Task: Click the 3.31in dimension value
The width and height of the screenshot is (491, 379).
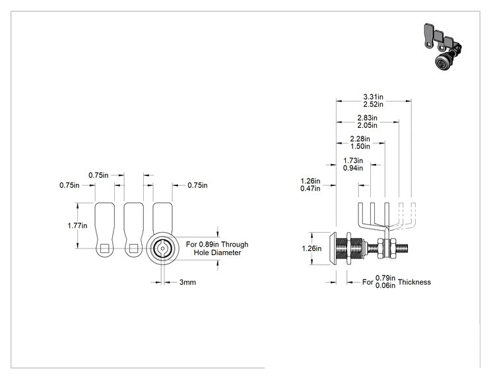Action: (373, 97)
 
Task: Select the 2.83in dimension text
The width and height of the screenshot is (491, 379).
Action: (368, 118)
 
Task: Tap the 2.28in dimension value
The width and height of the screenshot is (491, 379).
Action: (360, 138)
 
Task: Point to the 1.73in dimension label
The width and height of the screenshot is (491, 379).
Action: (353, 160)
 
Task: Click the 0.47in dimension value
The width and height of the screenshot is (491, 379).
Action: (310, 189)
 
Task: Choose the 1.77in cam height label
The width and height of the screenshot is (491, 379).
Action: (77, 225)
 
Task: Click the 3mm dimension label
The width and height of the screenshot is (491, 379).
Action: (187, 282)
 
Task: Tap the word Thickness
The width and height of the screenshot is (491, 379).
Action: (414, 282)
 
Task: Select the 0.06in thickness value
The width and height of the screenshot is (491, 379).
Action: (385, 285)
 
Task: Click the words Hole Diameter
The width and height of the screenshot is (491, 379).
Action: (217, 252)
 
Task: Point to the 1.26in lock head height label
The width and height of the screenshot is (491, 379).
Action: (311, 248)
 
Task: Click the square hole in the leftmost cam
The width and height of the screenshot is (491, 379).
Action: (104, 248)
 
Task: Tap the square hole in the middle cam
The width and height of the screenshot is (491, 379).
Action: (134, 248)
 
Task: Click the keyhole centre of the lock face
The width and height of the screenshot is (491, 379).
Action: (162, 248)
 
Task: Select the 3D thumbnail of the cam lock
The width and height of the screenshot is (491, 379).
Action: (442, 45)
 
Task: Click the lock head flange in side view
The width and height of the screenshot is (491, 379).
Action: (333, 248)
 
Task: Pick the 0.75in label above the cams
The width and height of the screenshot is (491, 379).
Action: (98, 175)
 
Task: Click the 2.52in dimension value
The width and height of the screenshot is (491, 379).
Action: (373, 104)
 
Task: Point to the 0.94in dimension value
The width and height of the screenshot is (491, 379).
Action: (353, 168)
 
